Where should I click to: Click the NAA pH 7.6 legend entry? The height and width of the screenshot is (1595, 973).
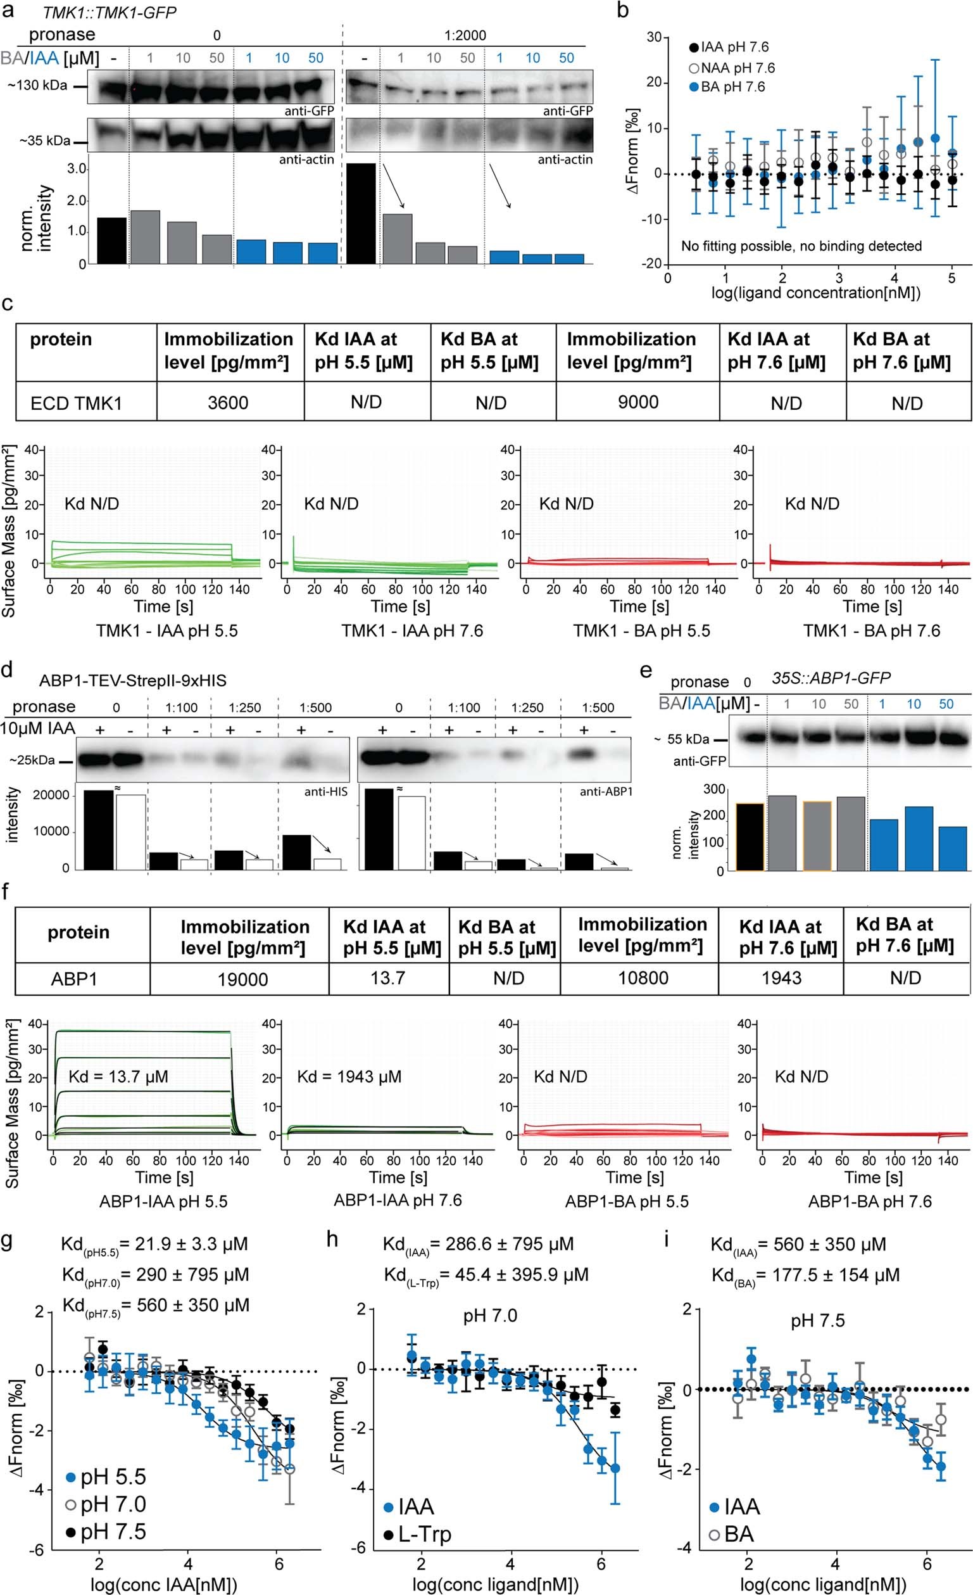click(x=732, y=68)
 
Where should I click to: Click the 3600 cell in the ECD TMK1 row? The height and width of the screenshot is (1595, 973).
click(x=228, y=403)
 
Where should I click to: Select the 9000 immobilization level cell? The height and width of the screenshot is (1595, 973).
click(x=638, y=402)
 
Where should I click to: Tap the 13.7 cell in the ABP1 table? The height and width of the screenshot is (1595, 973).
click(x=387, y=977)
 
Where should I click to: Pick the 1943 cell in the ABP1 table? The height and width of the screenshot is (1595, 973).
click(x=781, y=977)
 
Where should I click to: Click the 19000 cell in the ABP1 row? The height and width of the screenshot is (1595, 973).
click(x=242, y=979)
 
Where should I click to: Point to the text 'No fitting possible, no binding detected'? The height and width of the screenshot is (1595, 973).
click(x=801, y=246)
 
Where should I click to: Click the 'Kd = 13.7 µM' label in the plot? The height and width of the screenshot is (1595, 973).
click(x=118, y=1076)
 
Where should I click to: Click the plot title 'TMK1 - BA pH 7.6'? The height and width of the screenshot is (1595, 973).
click(x=872, y=630)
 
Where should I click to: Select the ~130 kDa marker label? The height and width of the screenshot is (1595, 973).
click(x=37, y=86)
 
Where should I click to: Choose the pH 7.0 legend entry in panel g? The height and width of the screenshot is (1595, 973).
click(x=106, y=1504)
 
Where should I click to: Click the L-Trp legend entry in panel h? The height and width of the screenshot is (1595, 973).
click(x=417, y=1534)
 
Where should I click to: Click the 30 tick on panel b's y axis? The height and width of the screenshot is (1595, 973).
click(x=653, y=37)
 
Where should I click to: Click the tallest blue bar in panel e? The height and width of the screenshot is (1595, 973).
click(x=913, y=838)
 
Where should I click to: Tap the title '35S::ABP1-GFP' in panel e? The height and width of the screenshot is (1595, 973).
click(x=831, y=678)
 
